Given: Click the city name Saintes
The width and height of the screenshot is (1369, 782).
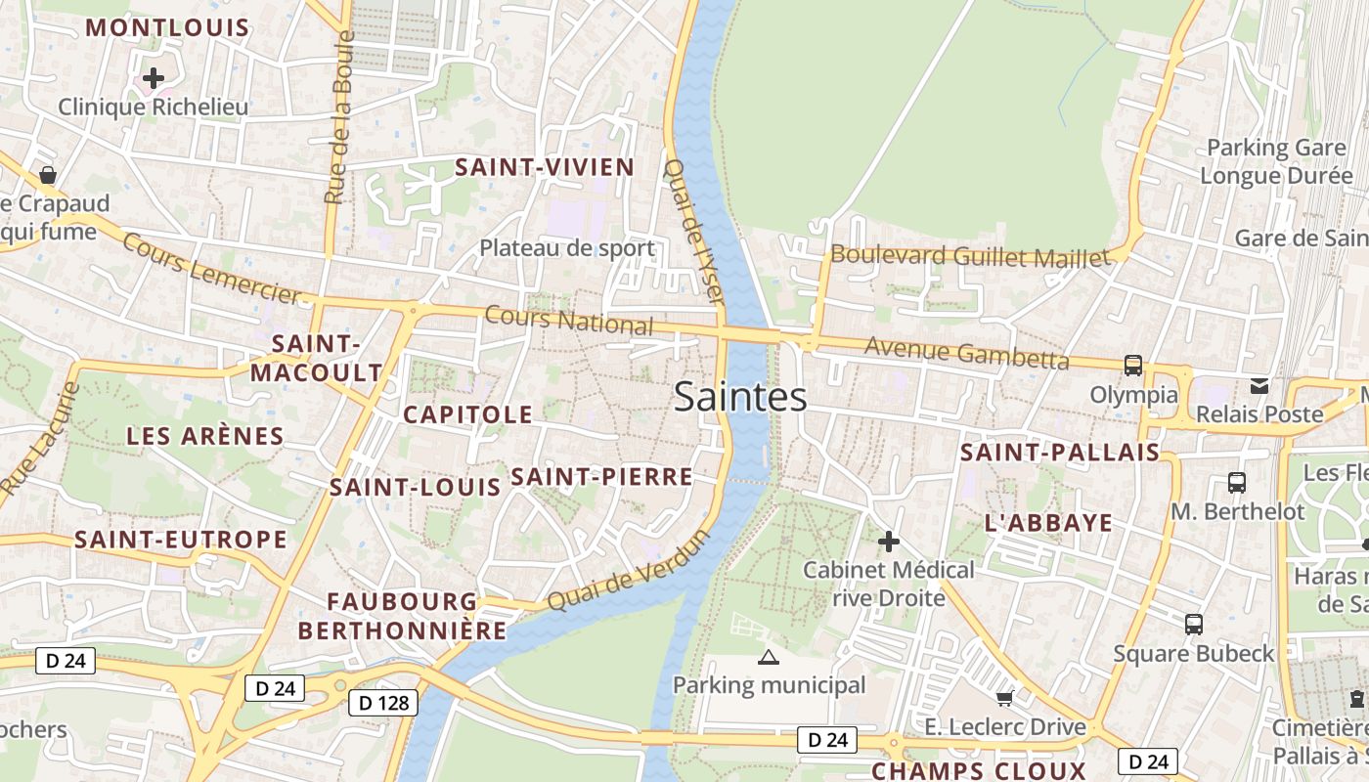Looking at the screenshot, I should click(x=740, y=397).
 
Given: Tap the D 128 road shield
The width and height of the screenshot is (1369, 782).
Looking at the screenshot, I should click(x=382, y=702).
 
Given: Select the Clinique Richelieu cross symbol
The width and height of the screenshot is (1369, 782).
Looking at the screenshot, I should click(x=154, y=78).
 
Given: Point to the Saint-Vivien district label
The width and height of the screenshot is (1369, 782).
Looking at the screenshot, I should click(x=545, y=167).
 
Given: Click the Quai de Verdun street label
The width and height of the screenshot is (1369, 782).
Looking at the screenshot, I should click(x=627, y=572).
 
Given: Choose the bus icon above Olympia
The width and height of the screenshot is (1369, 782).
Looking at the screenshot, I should click(x=1132, y=366).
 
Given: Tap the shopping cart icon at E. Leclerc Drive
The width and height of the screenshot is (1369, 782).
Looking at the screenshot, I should click(x=1004, y=698).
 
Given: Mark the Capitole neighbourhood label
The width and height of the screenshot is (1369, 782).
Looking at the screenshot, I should click(x=468, y=414).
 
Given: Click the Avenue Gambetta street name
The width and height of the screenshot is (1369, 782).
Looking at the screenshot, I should click(x=966, y=353).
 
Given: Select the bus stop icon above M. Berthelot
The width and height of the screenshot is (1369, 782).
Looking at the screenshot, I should click(x=1237, y=482).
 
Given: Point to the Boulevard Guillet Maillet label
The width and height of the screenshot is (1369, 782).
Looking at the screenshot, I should click(x=970, y=256).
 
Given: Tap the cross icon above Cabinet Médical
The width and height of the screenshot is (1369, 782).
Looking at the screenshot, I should click(x=888, y=541).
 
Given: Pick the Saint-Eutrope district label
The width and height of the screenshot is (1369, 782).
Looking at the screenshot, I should click(x=181, y=540).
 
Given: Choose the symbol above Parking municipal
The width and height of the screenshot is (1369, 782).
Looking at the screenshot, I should click(x=769, y=657).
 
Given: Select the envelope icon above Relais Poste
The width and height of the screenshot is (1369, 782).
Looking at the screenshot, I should click(x=1259, y=386).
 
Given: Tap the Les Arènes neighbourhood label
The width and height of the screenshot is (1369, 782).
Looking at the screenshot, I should click(x=205, y=436).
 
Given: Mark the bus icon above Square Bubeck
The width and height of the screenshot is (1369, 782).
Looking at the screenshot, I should click(x=1193, y=625).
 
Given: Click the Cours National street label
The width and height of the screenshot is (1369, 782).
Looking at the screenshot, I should click(x=569, y=320).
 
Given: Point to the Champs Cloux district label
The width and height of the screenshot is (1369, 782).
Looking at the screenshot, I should click(x=979, y=770).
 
